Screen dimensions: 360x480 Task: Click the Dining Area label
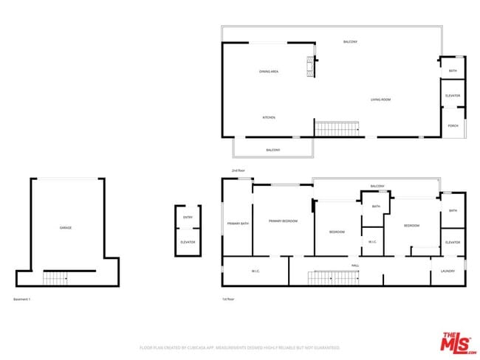click(x=268, y=72)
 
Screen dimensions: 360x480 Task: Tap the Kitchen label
click(x=269, y=118)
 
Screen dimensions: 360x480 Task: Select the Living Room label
click(x=380, y=100)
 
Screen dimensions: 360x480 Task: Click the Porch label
click(x=453, y=125)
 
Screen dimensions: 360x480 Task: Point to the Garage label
click(x=66, y=228)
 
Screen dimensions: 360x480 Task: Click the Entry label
click(x=188, y=218)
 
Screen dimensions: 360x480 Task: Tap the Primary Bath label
click(x=238, y=224)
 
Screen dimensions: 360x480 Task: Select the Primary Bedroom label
click(x=283, y=221)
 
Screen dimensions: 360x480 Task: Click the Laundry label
click(x=448, y=271)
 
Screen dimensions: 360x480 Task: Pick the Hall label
click(x=355, y=265)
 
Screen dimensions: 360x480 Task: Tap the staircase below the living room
click(x=337, y=129)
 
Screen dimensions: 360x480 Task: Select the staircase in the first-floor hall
click(x=332, y=277)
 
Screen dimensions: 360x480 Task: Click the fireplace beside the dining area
click(x=311, y=67)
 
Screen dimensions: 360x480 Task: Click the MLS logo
click(x=458, y=343)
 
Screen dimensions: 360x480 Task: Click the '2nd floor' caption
click(x=238, y=170)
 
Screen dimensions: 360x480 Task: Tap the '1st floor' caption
click(x=228, y=299)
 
